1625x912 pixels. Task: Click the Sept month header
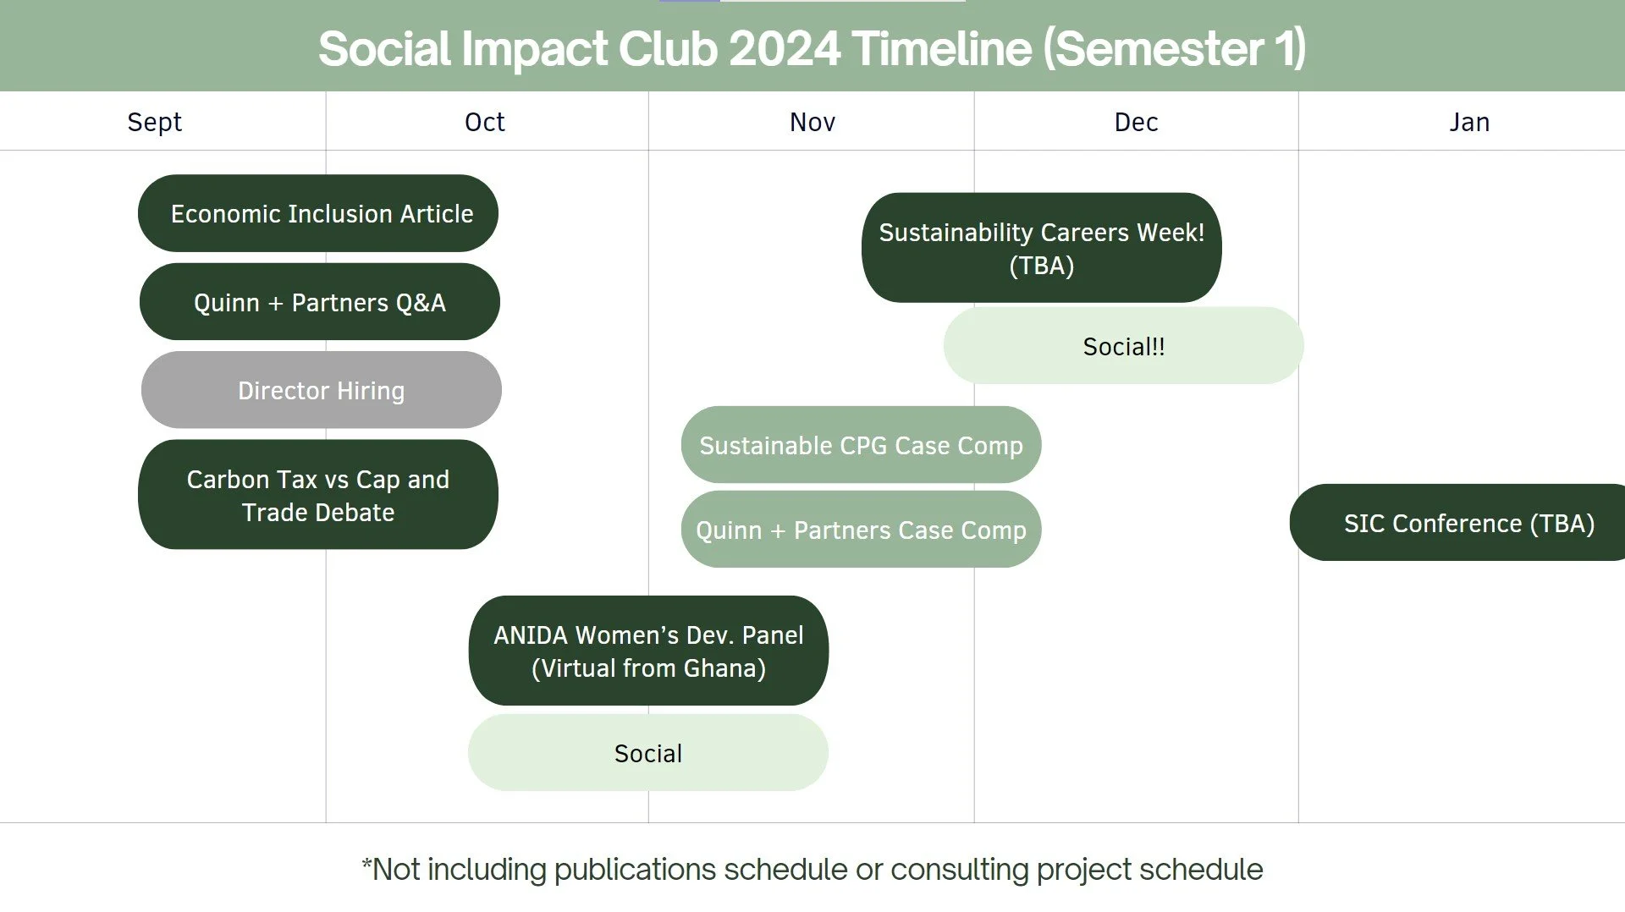154,122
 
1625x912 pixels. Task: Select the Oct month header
484,122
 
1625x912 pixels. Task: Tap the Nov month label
812,122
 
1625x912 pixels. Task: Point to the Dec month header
1136,122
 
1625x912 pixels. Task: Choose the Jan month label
1469,122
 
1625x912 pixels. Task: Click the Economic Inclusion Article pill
318,213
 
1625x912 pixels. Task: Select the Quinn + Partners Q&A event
320,302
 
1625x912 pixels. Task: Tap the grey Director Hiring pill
322,390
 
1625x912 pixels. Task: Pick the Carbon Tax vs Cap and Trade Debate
318,495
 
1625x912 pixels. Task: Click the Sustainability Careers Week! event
1042,248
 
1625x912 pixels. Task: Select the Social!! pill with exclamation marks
1124,346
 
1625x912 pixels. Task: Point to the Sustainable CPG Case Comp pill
862,445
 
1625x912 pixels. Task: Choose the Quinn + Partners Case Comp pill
862,530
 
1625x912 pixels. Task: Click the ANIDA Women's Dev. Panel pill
649,651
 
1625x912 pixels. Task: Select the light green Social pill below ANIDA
648,753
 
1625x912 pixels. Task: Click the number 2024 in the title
785,48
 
